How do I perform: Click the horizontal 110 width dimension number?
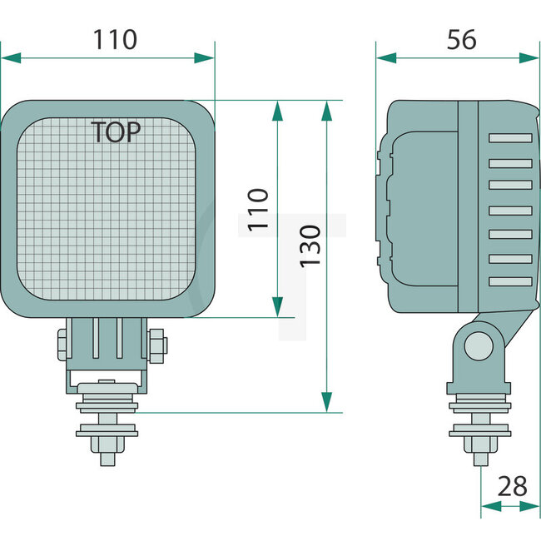click(x=114, y=38)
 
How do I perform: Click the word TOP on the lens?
click(x=115, y=132)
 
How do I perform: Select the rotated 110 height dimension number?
click(x=259, y=209)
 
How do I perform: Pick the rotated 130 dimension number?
click(x=309, y=246)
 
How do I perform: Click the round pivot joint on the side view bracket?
click(x=478, y=345)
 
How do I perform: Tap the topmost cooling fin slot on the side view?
click(x=509, y=137)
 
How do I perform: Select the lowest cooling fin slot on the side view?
click(x=509, y=281)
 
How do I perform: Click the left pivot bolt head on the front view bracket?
click(x=62, y=345)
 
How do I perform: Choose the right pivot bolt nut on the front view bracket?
click(x=157, y=345)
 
